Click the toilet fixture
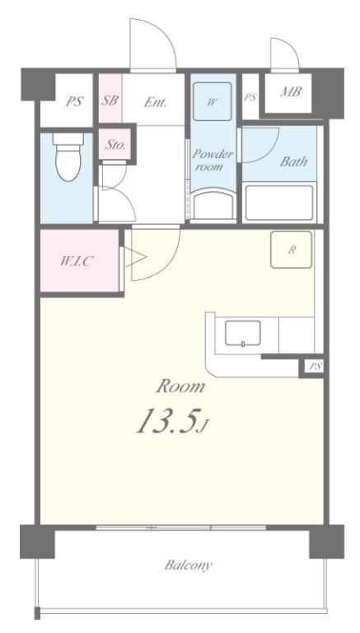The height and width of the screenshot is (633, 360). pos(68,157)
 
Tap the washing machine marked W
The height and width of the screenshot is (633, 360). pos(212,101)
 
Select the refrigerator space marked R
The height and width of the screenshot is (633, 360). pos(291,250)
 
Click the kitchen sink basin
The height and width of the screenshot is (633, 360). pos(242,334)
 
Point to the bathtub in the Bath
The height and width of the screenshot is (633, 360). pos(279,203)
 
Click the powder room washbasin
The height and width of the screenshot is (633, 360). pos(213,205)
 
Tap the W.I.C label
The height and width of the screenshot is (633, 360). pos(77,261)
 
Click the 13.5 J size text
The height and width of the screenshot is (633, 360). pos(172,421)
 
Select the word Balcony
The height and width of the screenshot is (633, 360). pos(188,565)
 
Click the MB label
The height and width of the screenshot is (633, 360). pos(291,92)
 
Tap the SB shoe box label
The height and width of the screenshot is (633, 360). pos(110,100)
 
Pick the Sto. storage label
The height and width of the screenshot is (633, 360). pos(115,145)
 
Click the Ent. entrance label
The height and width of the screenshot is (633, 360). pos(155,102)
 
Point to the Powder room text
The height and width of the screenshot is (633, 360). pos(213,160)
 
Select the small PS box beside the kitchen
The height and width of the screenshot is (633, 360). pos(315,367)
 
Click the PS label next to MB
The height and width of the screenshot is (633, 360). pos(250,97)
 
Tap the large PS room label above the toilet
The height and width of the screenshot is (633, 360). pos(74,101)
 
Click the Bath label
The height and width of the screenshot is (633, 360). pos(293,162)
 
